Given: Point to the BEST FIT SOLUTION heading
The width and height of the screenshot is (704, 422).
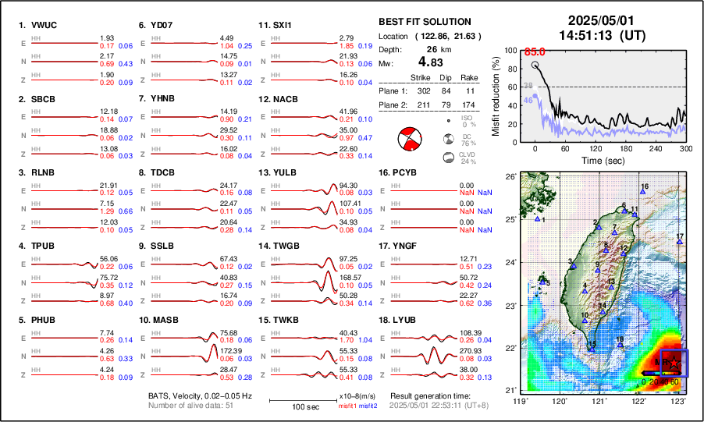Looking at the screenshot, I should click(x=425, y=22).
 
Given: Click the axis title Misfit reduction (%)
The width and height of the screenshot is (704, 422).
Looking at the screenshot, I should click(x=496, y=96).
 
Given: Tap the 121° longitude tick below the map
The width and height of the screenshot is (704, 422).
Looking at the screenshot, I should click(x=599, y=401).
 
